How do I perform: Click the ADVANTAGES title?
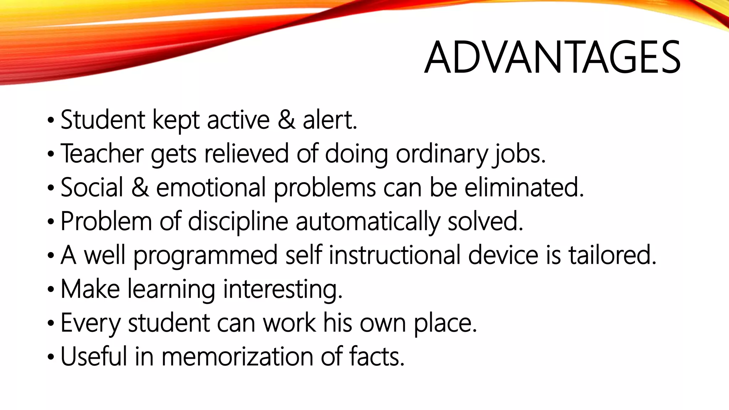[x=552, y=58]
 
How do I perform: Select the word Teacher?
[x=102, y=154]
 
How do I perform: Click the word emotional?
[x=211, y=188]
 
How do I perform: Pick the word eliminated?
[x=524, y=188]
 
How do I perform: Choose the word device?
[x=503, y=255]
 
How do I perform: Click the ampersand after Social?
[x=140, y=188]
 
